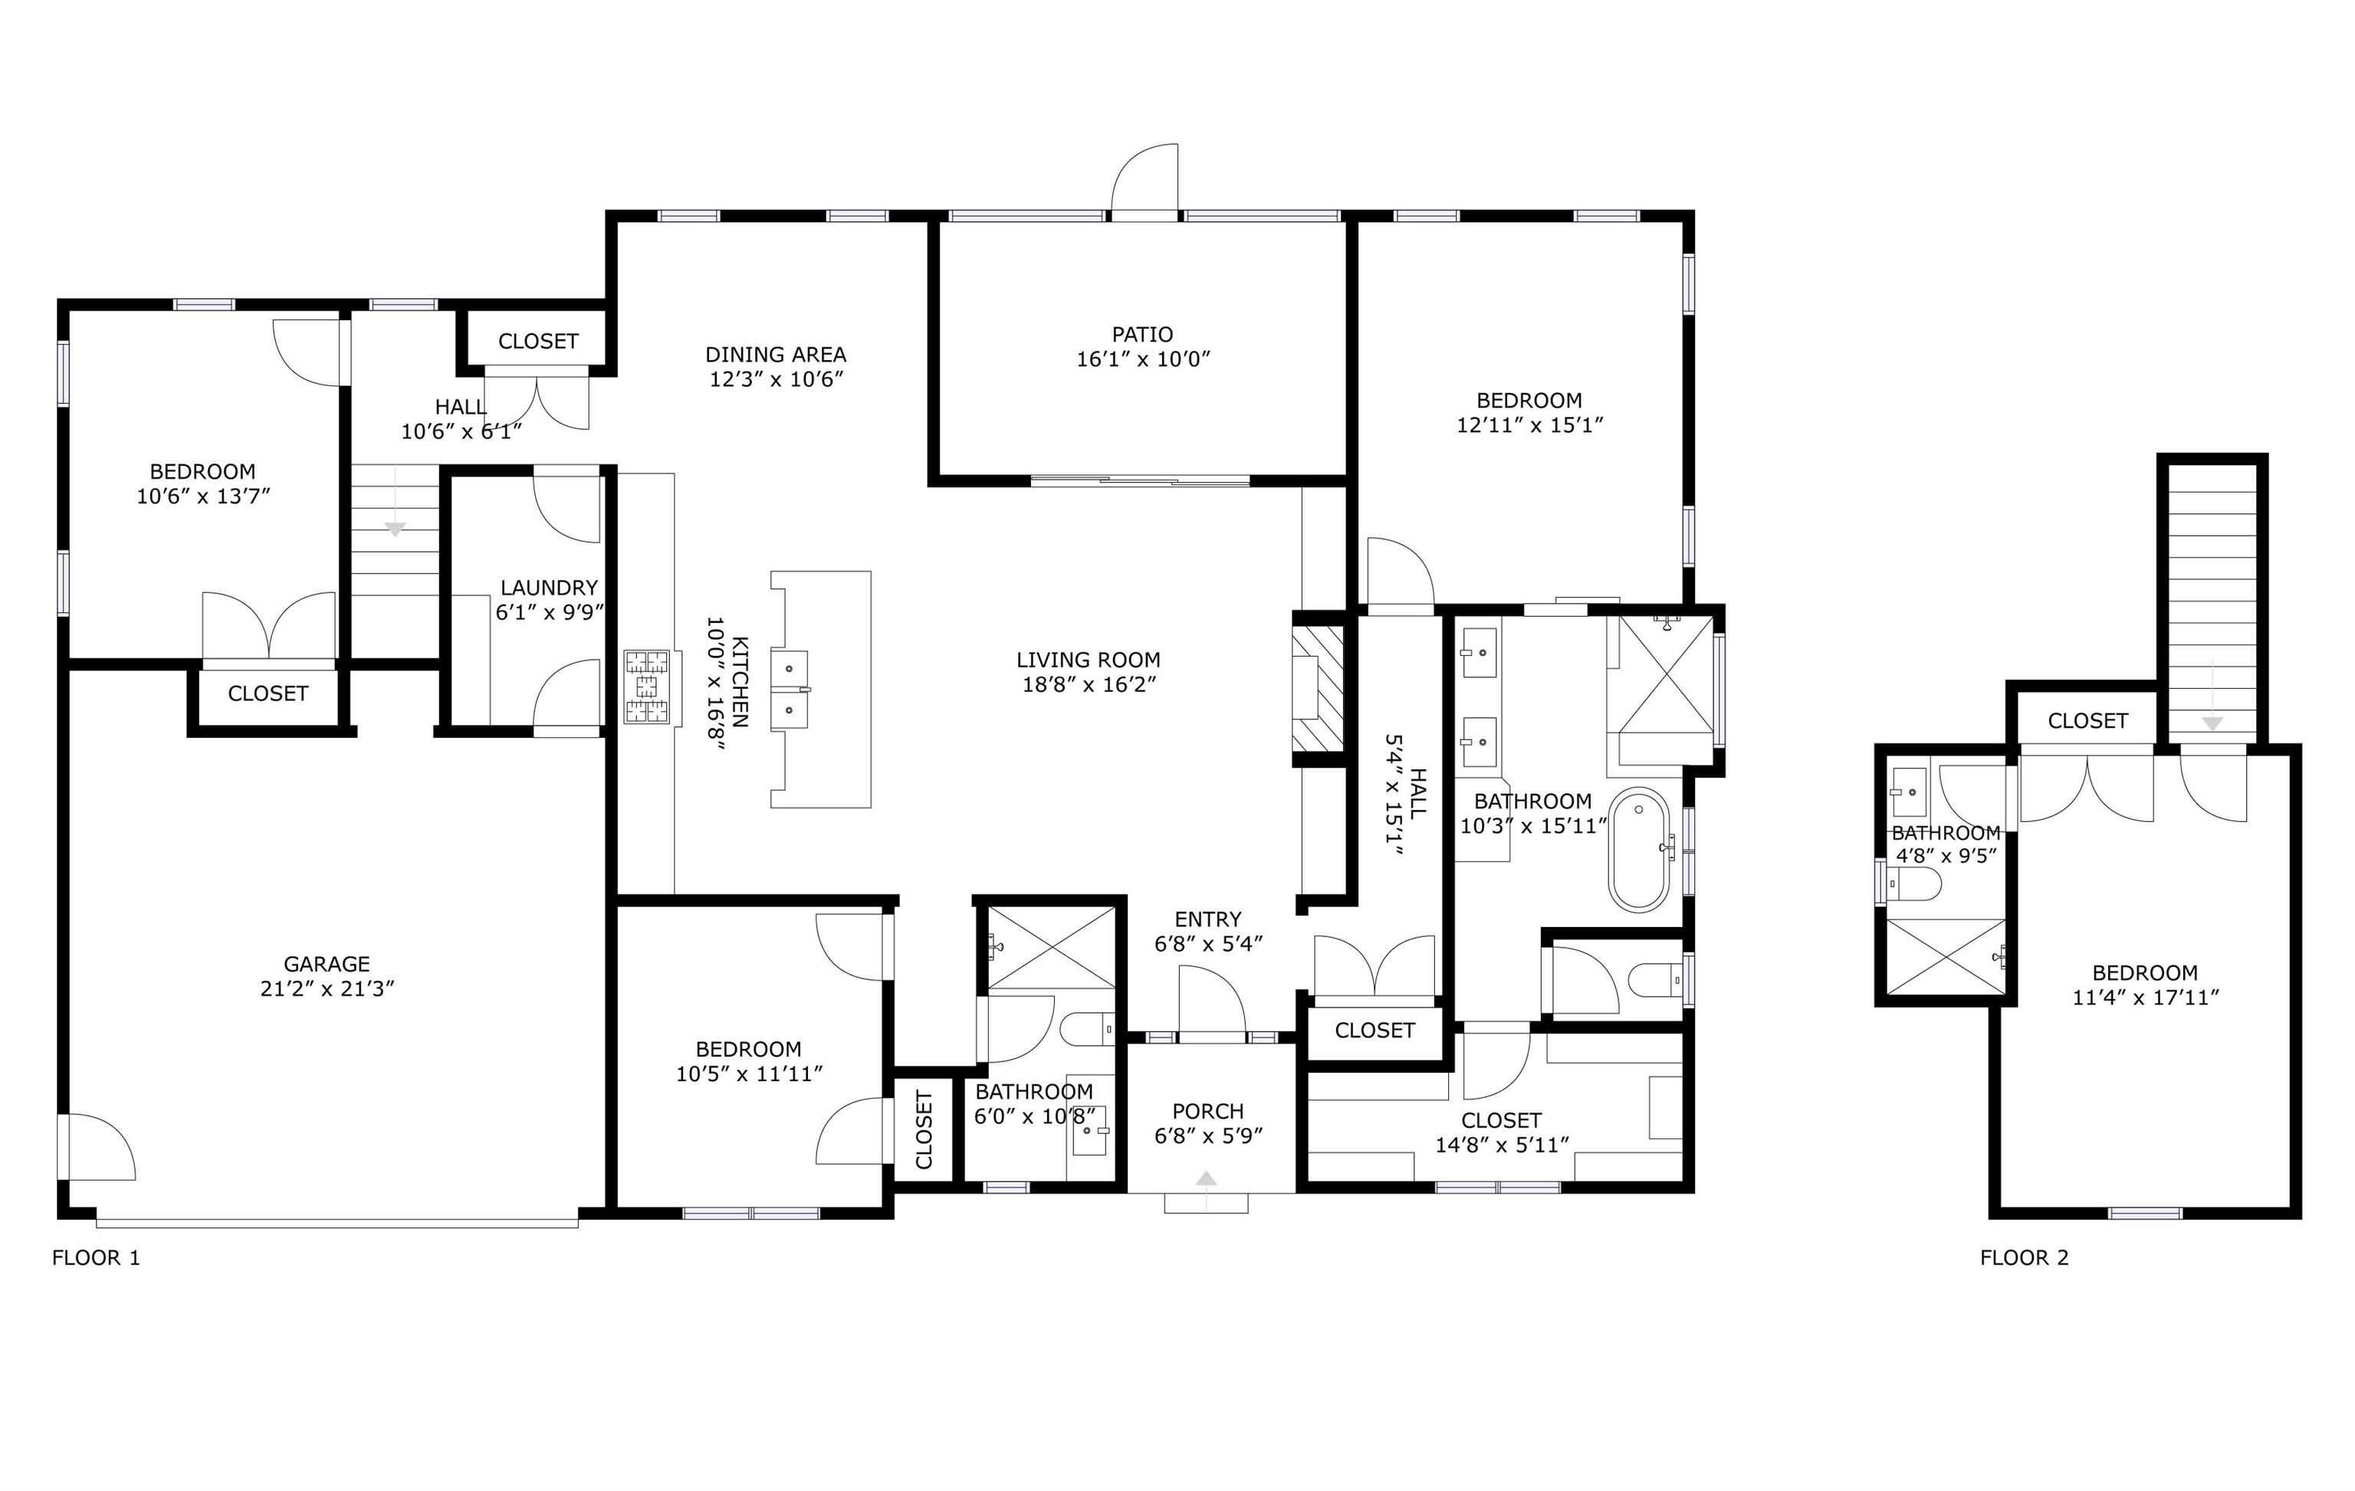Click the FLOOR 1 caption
[96, 1257]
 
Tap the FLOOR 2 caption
[2025, 1257]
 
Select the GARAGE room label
[327, 964]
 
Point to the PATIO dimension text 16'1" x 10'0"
[1143, 359]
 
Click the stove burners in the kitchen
[646, 687]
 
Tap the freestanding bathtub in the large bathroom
[1639, 850]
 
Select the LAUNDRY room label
[549, 588]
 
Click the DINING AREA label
[776, 354]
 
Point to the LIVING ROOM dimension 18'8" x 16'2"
[1089, 684]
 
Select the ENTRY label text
[1208, 919]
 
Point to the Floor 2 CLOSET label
[2088, 720]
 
